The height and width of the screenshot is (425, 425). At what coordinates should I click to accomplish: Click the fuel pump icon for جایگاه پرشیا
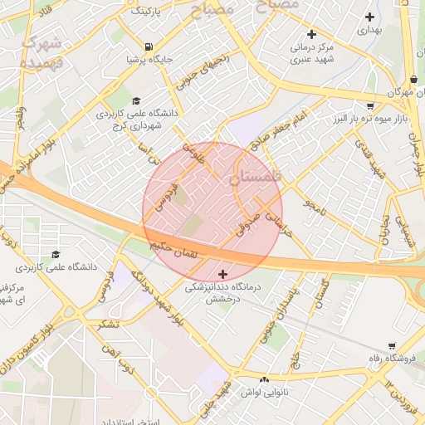tap(148, 46)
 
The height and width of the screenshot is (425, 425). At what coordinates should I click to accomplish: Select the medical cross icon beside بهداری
tap(370, 17)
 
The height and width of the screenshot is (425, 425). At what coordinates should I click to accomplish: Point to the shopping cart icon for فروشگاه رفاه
tap(391, 346)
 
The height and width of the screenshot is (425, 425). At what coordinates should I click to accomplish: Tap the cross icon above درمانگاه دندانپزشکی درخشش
tap(222, 274)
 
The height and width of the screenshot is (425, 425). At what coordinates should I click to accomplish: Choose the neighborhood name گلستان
tap(261, 177)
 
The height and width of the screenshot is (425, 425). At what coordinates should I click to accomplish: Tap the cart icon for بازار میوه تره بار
tap(369, 105)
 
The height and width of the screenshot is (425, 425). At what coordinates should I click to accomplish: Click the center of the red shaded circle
tap(212, 212)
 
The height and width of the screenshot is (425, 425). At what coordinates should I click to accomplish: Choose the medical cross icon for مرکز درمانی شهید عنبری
tap(311, 34)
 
